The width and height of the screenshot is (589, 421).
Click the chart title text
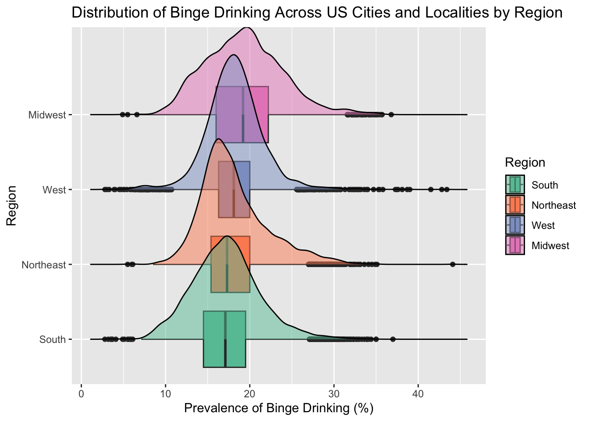(x=317, y=13)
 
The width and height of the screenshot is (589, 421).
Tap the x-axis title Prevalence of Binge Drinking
(x=279, y=408)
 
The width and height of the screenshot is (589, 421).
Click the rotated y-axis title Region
(x=11, y=205)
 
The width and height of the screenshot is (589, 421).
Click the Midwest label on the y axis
(x=47, y=115)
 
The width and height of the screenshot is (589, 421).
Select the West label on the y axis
(x=54, y=190)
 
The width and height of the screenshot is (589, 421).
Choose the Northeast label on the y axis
(x=44, y=265)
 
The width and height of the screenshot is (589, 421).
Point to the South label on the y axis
(x=52, y=339)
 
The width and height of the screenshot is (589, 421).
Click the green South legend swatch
(x=515, y=185)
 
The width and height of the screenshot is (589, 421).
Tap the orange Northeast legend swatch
(x=515, y=205)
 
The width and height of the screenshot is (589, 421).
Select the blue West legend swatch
(x=515, y=225)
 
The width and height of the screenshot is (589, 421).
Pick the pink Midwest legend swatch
(x=515, y=245)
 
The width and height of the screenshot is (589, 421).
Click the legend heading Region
(x=525, y=163)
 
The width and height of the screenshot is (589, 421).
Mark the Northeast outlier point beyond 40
(x=453, y=264)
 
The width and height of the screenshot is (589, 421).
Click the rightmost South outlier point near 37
(x=393, y=339)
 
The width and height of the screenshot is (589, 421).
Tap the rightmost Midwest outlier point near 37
(x=391, y=114)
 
